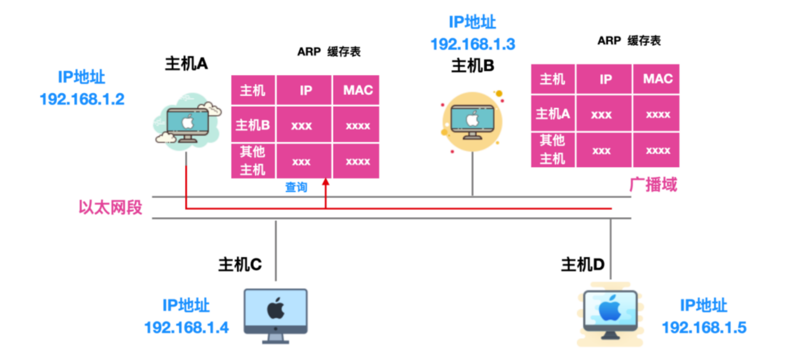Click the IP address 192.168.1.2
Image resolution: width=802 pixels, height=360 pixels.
coord(82,99)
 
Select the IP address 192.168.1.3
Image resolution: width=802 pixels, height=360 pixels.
coord(473,44)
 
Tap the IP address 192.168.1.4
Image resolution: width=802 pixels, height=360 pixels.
coord(187,327)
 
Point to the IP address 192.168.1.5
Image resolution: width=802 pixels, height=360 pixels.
coord(704,327)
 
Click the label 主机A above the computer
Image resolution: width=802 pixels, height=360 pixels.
coord(186,64)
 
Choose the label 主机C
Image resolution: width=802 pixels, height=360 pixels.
coord(240,265)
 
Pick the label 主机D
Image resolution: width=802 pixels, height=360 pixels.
coord(583,265)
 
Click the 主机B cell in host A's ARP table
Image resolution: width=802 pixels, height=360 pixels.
coord(253,125)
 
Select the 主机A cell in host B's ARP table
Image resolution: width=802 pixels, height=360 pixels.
coord(553,114)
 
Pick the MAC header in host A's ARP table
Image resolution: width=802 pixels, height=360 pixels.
coord(357,90)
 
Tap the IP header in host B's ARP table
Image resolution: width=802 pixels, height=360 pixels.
coord(605,79)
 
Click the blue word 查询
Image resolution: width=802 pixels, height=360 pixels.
coord(296,187)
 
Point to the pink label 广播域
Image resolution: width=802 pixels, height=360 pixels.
coord(653,185)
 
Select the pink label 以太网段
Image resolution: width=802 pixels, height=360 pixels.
coord(110,207)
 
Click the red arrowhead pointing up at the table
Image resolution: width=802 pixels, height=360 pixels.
coord(326,182)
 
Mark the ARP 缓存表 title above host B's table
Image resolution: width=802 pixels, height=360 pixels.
coord(629,40)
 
